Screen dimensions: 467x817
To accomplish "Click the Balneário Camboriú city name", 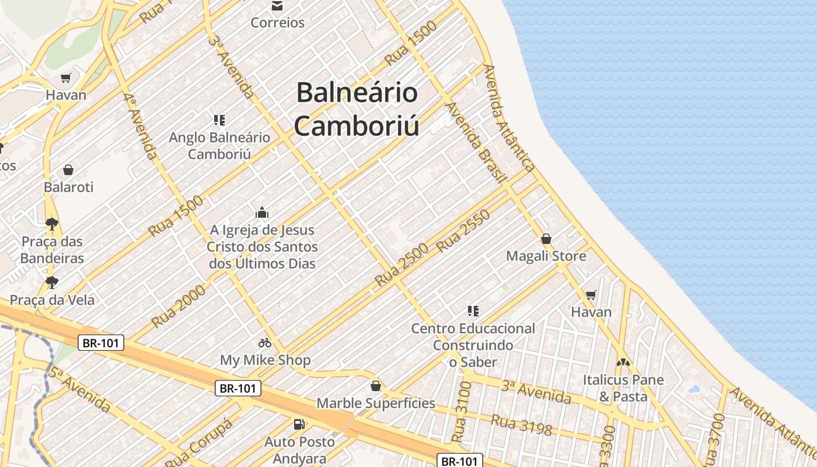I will tap(357, 109).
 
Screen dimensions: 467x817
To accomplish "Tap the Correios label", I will tap(277, 23).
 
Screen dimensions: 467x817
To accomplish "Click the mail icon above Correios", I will tap(277, 6).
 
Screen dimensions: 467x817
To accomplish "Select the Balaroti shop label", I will tap(68, 187).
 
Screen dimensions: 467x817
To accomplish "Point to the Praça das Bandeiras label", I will tap(53, 250).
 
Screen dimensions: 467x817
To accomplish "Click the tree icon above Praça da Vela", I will tap(52, 283).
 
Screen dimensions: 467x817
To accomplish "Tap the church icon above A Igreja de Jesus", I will tap(262, 212).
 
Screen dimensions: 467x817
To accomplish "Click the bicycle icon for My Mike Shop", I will tap(265, 343).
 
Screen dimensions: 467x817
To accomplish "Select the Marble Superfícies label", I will tap(376, 403).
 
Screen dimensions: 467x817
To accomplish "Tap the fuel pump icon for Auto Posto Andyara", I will tap(299, 424).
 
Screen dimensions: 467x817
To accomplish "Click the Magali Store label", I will tap(546, 256).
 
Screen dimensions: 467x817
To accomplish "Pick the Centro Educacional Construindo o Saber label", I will tap(473, 345).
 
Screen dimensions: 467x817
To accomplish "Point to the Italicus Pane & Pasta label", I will tap(623, 388).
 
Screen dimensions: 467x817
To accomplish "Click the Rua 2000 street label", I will tap(179, 306).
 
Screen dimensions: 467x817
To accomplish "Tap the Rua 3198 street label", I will tap(521, 425).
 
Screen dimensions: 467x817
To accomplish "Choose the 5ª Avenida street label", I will tap(79, 390).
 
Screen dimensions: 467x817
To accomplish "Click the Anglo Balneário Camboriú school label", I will tap(219, 146).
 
